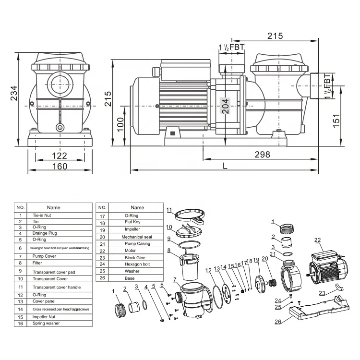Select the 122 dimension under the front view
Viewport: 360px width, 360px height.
point(59,156)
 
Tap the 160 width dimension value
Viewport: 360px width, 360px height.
point(60,167)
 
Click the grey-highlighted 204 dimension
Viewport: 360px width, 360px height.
point(225,105)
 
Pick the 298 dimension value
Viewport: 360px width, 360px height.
point(262,155)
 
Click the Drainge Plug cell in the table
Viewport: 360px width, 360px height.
point(53,233)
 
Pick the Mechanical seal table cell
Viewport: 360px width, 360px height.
point(137,237)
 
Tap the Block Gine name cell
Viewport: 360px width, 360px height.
point(137,257)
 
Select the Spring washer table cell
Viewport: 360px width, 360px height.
point(53,324)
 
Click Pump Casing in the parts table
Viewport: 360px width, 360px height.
point(137,243)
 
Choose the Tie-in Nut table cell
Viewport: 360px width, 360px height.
point(53,216)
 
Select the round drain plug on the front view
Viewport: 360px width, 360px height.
point(60,127)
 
